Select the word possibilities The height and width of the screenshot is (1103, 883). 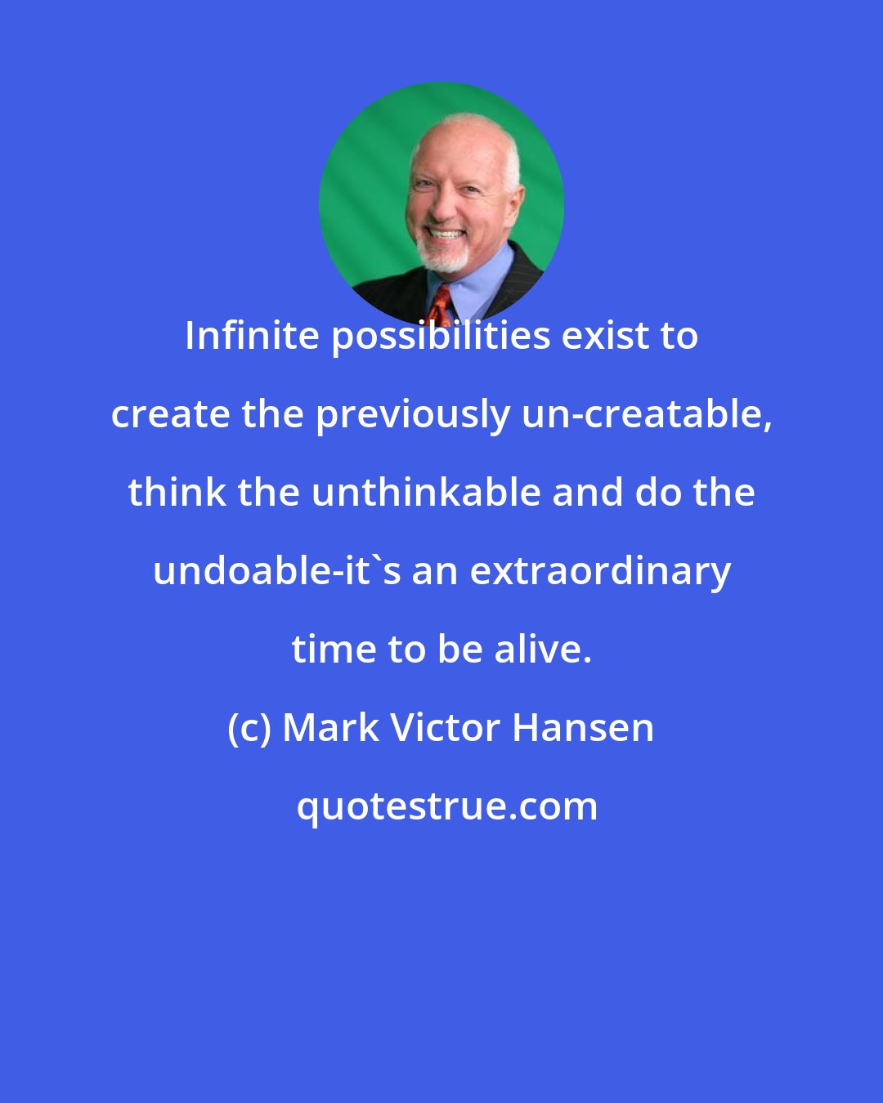[x=440, y=336]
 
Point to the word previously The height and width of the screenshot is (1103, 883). [x=412, y=415]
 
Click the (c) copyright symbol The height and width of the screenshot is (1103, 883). [x=249, y=728]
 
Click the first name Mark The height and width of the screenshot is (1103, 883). [x=331, y=727]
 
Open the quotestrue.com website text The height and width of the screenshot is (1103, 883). [x=446, y=806]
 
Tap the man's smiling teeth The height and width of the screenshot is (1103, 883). [x=446, y=234]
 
